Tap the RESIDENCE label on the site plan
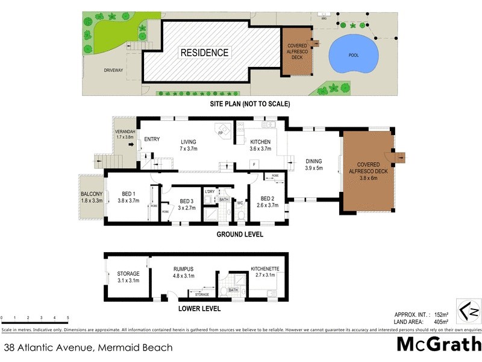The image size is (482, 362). (205, 52)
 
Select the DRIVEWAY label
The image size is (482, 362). (113, 71)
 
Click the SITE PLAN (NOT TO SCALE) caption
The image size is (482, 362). (249, 104)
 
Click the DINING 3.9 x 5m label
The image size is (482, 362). (313, 165)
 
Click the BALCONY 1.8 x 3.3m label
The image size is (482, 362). (92, 198)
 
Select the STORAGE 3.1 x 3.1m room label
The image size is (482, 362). (128, 277)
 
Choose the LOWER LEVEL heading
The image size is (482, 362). (199, 308)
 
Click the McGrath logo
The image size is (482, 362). (438, 345)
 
